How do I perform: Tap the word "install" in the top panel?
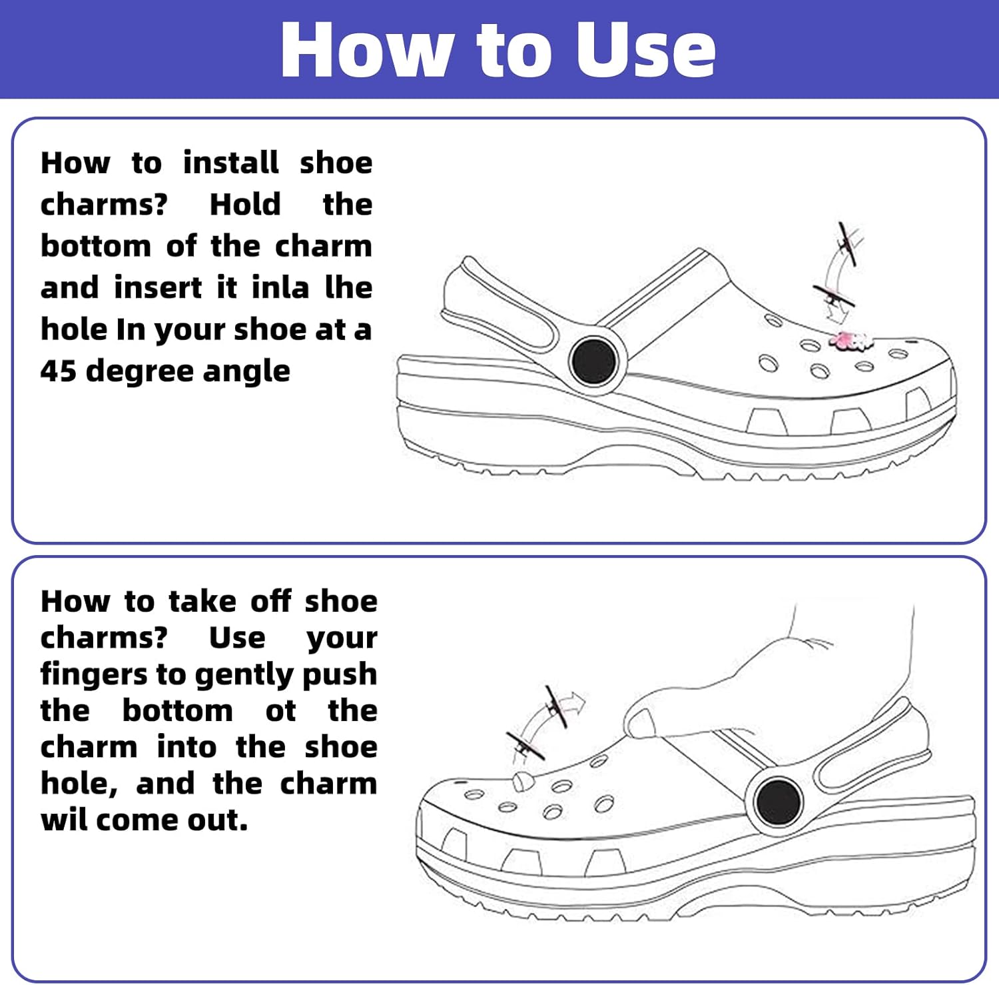tap(231, 163)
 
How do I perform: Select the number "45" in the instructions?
tap(58, 371)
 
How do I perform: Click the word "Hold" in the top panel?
tap(245, 205)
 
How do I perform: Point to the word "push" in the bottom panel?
tap(340, 675)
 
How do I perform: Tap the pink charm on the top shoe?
tap(848, 341)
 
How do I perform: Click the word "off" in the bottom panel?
tap(270, 601)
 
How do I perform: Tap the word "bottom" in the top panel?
tap(96, 246)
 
